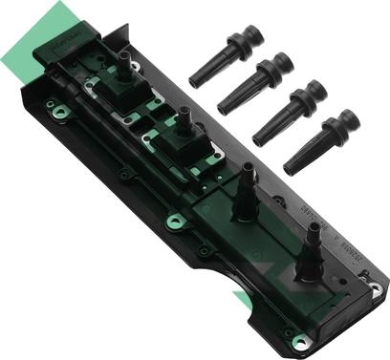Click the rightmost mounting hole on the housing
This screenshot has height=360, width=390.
pos(375,287)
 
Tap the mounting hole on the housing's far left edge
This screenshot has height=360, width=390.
pos(59,113)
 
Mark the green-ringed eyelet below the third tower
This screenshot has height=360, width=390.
pos(174,222)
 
